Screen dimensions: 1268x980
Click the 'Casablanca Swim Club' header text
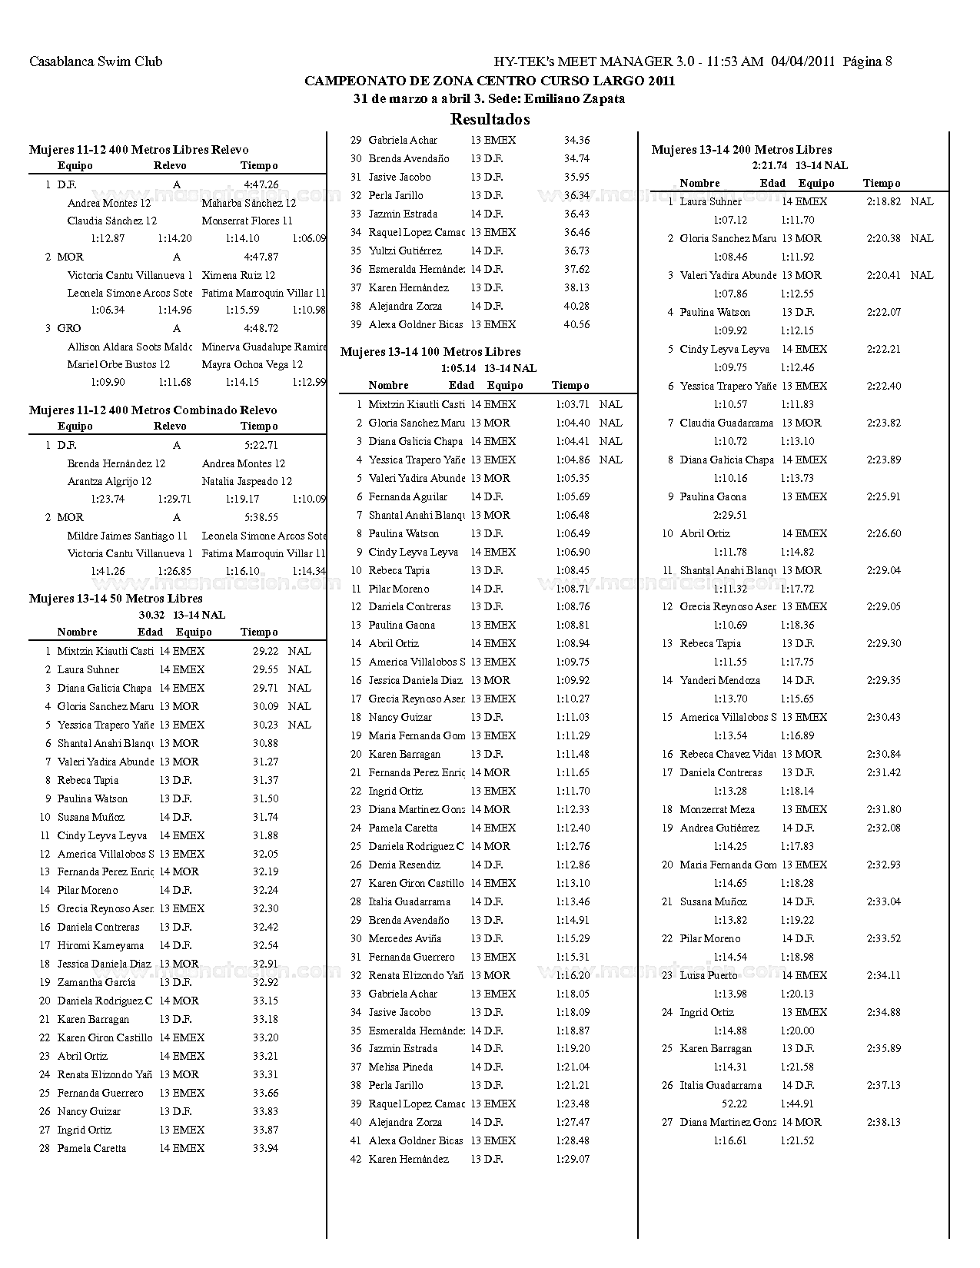pyautogui.click(x=95, y=61)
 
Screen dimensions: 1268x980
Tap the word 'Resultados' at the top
pyautogui.click(x=490, y=119)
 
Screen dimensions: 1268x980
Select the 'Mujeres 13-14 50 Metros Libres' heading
pyautogui.click(x=116, y=599)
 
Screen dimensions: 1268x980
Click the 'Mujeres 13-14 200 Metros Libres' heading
pyautogui.click(x=742, y=150)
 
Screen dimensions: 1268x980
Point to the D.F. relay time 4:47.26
pyautogui.click(x=261, y=185)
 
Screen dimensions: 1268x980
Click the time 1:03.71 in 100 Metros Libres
pyautogui.click(x=572, y=404)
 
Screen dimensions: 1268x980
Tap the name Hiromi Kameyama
pyautogui.click(x=101, y=945)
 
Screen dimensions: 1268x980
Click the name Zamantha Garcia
pyautogui.click(x=96, y=982)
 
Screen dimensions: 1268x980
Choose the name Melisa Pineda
pyautogui.click(x=400, y=1067)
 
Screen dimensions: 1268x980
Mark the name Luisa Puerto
pyautogui.click(x=708, y=975)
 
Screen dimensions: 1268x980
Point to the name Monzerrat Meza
pyautogui.click(x=717, y=809)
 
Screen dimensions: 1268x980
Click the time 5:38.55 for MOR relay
pyautogui.click(x=261, y=518)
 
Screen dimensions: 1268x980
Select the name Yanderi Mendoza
pyautogui.click(x=719, y=680)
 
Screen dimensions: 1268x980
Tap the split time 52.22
pyautogui.click(x=734, y=1104)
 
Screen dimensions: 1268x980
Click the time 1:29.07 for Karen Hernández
pyautogui.click(x=572, y=1159)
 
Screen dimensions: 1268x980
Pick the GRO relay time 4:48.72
pyautogui.click(x=261, y=328)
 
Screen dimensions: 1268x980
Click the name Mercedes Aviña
pyautogui.click(x=404, y=938)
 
